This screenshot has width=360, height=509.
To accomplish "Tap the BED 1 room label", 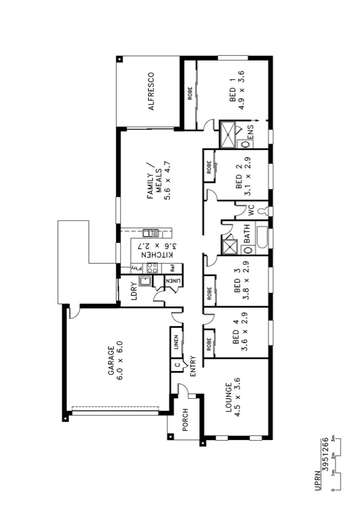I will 235,91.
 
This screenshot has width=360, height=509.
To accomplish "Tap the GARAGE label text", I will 115,362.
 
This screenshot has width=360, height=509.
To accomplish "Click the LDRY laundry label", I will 135,292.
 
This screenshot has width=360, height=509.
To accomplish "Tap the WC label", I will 249,210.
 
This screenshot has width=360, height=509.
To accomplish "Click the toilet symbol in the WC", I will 263,211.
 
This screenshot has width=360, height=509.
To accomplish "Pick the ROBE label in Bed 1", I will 190,96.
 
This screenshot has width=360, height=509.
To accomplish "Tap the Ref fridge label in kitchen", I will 172,267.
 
